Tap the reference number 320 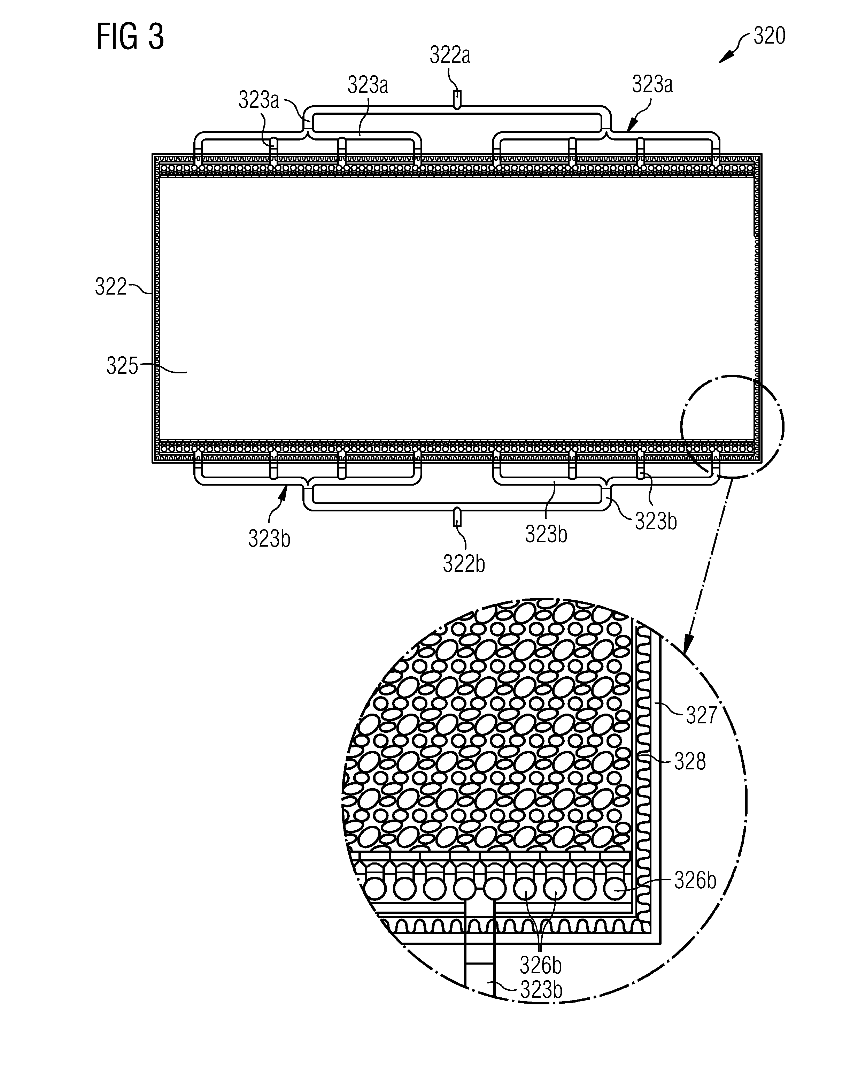coord(769,36)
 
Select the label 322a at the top coord(450,56)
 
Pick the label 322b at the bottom coord(464,564)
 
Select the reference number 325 coord(122,366)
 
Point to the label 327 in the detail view coord(702,716)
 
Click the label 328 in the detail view coord(690,762)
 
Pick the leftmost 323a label coord(259,100)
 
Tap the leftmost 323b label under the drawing coord(269,539)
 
